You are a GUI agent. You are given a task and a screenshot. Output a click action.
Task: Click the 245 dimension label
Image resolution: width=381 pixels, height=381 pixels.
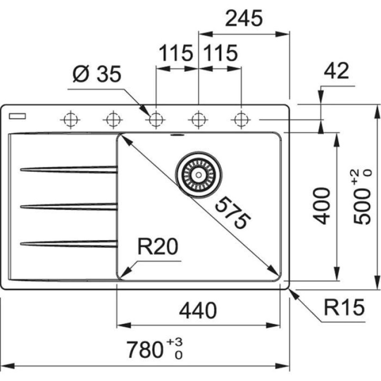pyautogui.click(x=243, y=19)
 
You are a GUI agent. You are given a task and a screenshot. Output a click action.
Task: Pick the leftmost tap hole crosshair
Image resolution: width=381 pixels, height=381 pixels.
pyautogui.click(x=70, y=119)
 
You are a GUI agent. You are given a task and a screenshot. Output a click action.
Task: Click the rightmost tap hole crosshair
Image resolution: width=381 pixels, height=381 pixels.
pyautogui.click(x=241, y=119)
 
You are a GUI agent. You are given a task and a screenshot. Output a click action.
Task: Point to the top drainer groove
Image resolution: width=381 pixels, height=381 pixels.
pyautogui.click(x=69, y=169)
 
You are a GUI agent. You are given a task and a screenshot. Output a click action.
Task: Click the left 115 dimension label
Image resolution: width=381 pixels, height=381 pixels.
pyautogui.click(x=176, y=53)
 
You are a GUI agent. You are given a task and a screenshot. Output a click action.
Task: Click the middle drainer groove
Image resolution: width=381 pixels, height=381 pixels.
pyautogui.click(x=69, y=206)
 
